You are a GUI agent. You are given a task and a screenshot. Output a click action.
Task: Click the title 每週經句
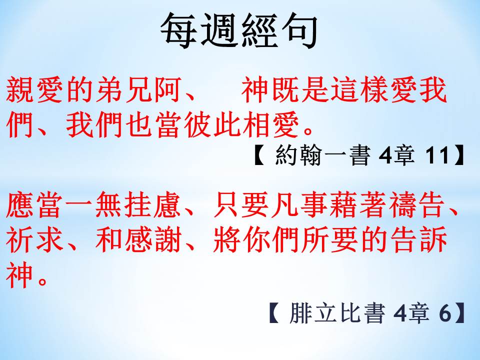coord(239,31)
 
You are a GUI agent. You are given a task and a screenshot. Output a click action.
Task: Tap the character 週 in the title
coord(219,31)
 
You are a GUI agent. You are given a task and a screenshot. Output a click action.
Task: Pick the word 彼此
coord(213,125)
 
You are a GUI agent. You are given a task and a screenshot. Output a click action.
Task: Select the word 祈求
coord(34,239)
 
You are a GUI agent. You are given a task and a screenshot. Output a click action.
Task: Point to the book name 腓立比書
coord(336,313)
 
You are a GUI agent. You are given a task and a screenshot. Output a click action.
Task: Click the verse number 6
coord(445,313)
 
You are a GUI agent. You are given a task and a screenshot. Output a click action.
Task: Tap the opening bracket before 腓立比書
coord(274,313)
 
